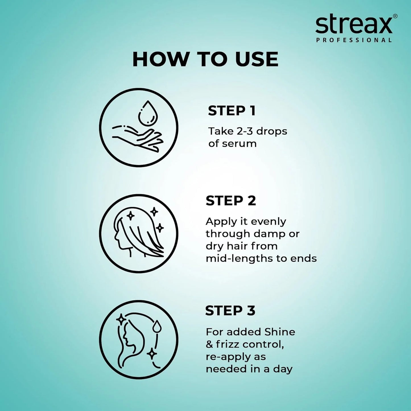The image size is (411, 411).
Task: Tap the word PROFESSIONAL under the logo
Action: [x=354, y=40]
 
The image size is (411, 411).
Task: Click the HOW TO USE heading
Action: [x=205, y=59]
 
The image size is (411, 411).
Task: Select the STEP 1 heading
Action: [x=232, y=111]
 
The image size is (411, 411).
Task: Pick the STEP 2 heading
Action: [x=231, y=201]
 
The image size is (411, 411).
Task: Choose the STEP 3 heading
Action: [x=230, y=311]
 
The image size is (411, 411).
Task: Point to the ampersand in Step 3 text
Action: [x=209, y=344]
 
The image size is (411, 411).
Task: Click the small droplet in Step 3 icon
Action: [x=156, y=326]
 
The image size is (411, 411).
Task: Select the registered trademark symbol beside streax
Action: [x=395, y=16]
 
